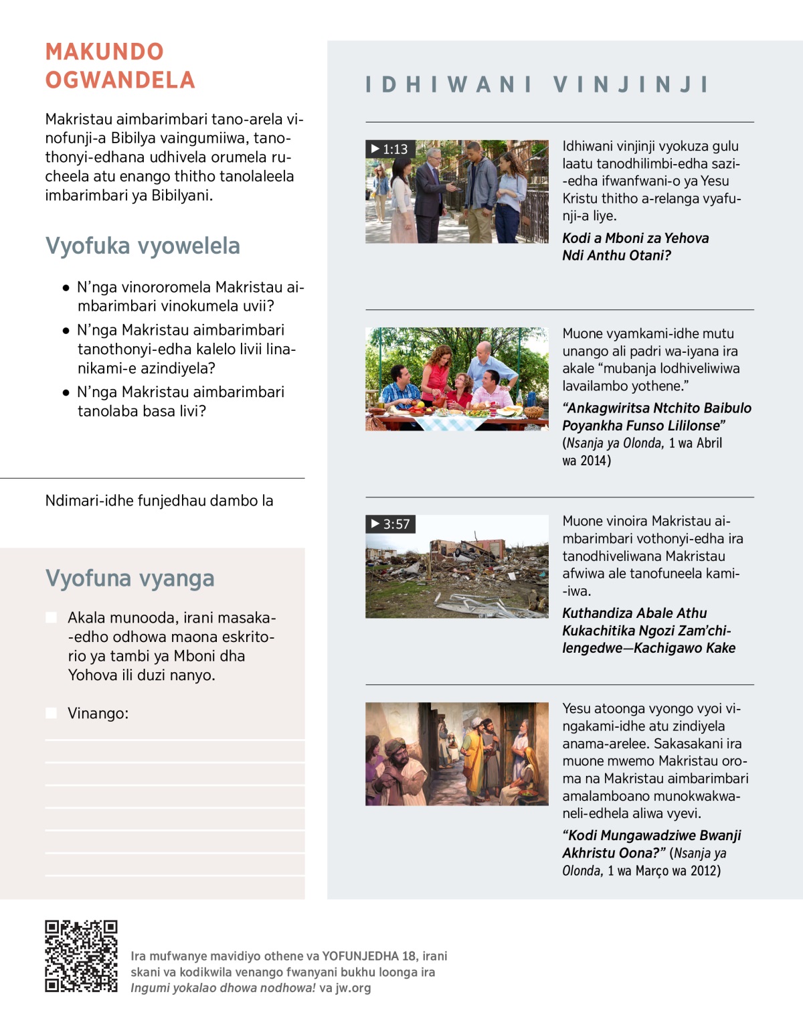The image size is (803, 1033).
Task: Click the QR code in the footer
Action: (81, 956)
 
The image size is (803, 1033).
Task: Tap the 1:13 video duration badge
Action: (390, 149)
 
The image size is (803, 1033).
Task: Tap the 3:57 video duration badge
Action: (391, 524)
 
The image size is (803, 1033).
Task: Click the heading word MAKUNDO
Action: (104, 52)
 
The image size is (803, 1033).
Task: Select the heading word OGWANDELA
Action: (120, 80)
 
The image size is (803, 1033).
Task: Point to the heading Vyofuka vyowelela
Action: (143, 246)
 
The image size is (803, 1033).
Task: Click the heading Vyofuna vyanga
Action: (130, 578)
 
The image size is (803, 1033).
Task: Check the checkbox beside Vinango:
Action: (52, 713)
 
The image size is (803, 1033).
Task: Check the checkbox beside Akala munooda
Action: (52, 617)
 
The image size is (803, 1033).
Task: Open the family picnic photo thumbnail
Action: (456, 379)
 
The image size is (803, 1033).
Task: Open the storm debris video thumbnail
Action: (456, 566)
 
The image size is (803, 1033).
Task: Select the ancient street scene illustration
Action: (456, 754)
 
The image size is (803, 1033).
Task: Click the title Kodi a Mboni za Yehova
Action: (635, 238)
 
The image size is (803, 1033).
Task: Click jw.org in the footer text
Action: (353, 988)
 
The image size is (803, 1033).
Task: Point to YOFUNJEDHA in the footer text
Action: (360, 956)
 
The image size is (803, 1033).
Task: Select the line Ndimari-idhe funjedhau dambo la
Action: (159, 501)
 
